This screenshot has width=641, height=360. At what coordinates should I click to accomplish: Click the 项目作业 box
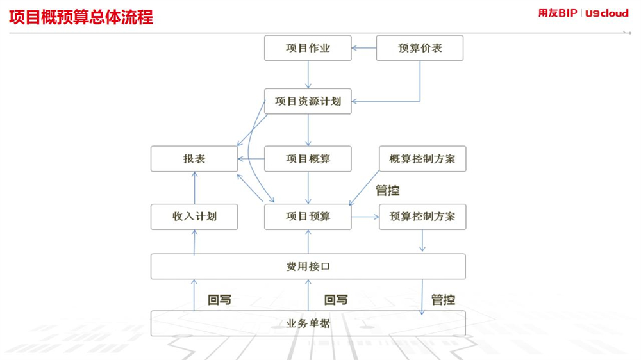[308, 48]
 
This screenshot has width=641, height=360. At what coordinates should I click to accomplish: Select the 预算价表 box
[419, 48]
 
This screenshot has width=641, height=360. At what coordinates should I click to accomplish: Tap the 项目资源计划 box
[308, 101]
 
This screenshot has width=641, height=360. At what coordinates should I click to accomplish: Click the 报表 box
[194, 159]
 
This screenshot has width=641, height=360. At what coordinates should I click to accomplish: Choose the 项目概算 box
[308, 159]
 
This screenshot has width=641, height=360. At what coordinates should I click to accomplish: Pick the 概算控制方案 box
[422, 159]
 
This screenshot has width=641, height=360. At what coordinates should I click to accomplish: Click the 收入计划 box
[194, 217]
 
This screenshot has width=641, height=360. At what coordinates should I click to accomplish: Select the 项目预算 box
[308, 217]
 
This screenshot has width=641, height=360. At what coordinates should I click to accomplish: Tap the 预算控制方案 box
[422, 217]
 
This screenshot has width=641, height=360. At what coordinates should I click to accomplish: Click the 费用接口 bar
[308, 266]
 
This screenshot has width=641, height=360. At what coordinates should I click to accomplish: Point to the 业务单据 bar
[308, 323]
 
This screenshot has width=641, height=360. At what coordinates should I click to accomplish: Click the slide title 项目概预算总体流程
[81, 17]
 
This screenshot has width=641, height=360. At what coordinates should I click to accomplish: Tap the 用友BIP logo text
[558, 13]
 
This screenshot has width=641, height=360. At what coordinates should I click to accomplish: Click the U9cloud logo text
[607, 13]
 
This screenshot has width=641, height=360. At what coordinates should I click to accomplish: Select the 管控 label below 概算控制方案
[388, 190]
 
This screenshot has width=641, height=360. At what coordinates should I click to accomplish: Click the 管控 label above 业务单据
[443, 300]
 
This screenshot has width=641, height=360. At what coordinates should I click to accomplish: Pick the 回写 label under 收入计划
[219, 300]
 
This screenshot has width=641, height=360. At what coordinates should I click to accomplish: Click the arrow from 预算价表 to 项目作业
[364, 48]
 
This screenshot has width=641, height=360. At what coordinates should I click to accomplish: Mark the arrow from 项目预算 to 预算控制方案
[365, 217]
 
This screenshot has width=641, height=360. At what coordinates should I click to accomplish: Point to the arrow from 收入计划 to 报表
[195, 188]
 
